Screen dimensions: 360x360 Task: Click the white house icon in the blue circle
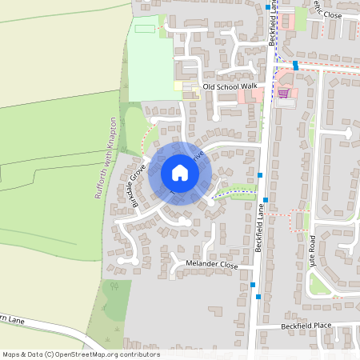[x=180, y=173]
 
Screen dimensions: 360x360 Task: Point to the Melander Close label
[x=212, y=264]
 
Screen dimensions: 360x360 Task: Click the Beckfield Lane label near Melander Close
[x=259, y=227]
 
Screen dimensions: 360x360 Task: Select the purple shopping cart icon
[x=283, y=93]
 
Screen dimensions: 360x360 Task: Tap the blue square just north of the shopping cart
[x=295, y=65]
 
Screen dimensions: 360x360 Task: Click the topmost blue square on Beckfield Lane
[x=267, y=7]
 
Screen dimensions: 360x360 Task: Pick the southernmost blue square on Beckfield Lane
[x=258, y=298]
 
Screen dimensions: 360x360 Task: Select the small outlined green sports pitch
[x=146, y=29]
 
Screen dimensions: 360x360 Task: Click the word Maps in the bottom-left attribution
[x=11, y=354]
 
